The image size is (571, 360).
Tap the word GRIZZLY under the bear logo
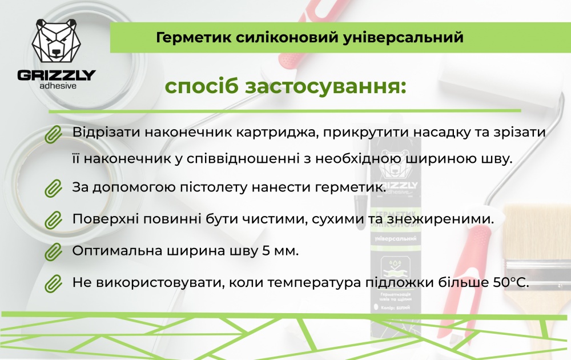[56, 75]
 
